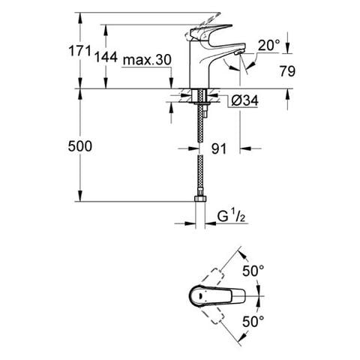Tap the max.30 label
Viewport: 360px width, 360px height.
pyautogui.click(x=147, y=60)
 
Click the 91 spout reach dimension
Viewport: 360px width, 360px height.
pyautogui.click(x=218, y=149)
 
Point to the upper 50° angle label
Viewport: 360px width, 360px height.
pyautogui.click(x=253, y=269)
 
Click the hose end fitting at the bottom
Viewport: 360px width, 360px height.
pyautogui.click(x=199, y=200)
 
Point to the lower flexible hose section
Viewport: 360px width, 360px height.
pyautogui.click(x=199, y=176)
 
